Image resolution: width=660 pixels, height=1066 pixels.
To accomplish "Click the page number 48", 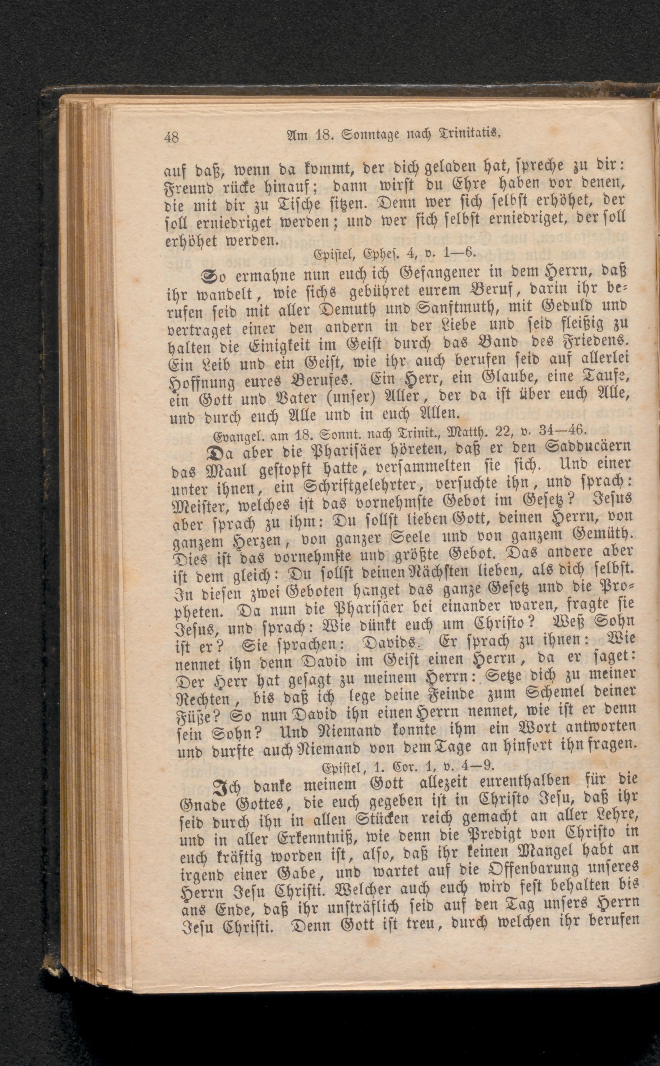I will click(x=171, y=138).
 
